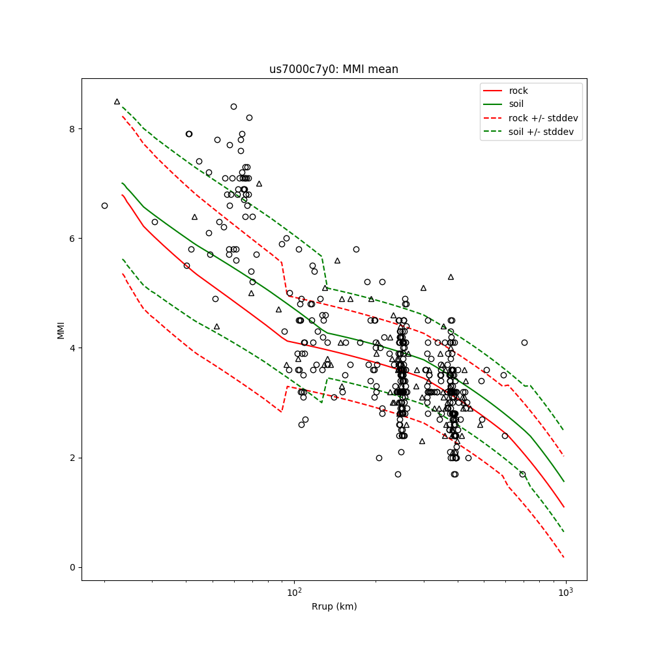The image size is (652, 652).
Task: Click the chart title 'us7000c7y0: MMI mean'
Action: click(x=334, y=69)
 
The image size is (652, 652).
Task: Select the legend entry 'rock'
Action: click(x=518, y=91)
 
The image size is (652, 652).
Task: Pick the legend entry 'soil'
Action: click(x=516, y=104)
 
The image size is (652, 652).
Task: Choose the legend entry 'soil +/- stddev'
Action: click(x=541, y=132)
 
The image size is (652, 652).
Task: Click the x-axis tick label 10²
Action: click(x=295, y=591)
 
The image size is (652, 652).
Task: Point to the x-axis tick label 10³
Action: click(x=565, y=591)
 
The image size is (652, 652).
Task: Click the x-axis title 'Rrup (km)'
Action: click(x=334, y=607)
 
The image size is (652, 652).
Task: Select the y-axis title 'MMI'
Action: click(x=61, y=329)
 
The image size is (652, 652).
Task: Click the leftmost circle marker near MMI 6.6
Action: click(x=104, y=205)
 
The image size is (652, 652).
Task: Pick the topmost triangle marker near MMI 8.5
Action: click(x=117, y=101)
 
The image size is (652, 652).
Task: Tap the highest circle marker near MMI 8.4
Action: click(x=233, y=106)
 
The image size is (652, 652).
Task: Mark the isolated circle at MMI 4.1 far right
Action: click(x=524, y=342)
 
